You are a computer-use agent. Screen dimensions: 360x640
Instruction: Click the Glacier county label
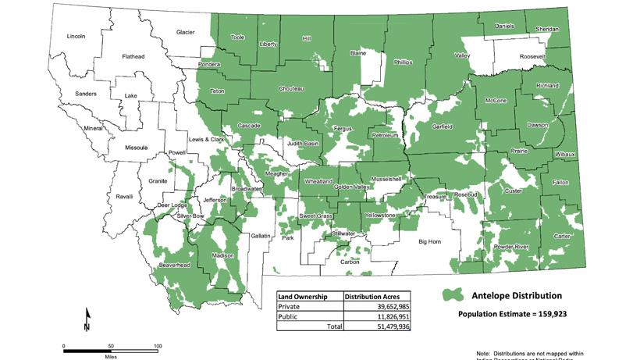pos(185,32)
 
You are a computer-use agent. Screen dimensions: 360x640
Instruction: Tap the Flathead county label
pos(133,57)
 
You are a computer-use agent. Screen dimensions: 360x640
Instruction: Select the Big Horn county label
pos(429,242)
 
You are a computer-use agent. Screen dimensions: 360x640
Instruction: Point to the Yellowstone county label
pos(381,215)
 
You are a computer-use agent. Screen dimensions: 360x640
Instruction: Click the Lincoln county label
pos(76,36)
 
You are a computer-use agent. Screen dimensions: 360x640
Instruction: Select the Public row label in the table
pos(290,316)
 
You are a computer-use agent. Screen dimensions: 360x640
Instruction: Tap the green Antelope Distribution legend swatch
pos(451,296)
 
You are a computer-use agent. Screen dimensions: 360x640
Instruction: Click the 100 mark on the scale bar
pos(158,346)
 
